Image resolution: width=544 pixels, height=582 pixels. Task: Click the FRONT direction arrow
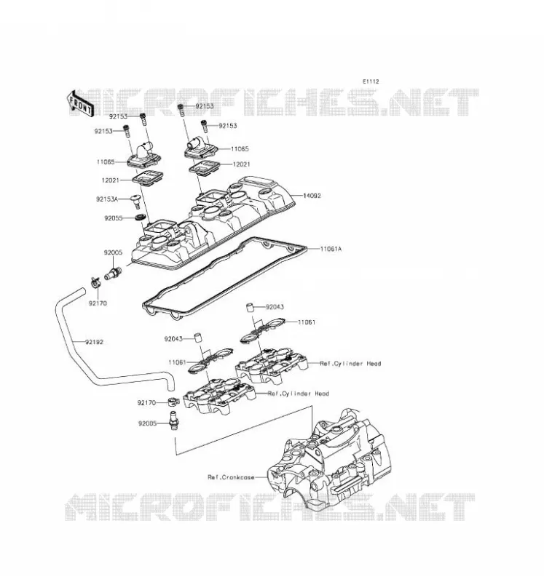pyautogui.click(x=79, y=103)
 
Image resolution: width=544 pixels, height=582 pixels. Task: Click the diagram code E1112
pyautogui.click(x=371, y=81)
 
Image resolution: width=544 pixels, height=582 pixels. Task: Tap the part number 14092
pyautogui.click(x=312, y=196)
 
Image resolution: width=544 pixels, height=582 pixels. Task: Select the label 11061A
pyautogui.click(x=331, y=249)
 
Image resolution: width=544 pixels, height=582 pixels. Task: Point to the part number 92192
pyautogui.click(x=94, y=342)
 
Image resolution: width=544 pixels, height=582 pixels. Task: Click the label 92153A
pyautogui.click(x=107, y=199)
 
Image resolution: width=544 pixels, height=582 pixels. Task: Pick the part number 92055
pyautogui.click(x=114, y=218)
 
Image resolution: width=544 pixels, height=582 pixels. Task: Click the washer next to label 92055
pyautogui.click(x=140, y=217)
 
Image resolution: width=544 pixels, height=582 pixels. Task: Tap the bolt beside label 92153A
pyautogui.click(x=136, y=202)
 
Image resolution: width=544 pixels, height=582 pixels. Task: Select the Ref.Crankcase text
pyautogui.click(x=231, y=477)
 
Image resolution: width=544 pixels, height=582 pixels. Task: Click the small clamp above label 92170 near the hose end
pyautogui.click(x=95, y=283)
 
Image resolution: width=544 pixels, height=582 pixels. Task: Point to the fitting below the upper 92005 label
pyautogui.click(x=113, y=274)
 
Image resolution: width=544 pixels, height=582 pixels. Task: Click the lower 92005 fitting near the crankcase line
pyautogui.click(x=173, y=421)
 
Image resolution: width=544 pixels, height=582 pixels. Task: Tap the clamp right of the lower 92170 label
pyautogui.click(x=174, y=402)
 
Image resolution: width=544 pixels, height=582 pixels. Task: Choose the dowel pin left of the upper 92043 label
pyautogui.click(x=251, y=308)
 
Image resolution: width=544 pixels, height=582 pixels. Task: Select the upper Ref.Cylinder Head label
pyautogui.click(x=350, y=363)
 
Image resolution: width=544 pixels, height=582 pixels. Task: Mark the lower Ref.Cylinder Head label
pyautogui.click(x=299, y=394)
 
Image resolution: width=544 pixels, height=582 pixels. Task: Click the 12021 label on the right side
pyautogui.click(x=241, y=164)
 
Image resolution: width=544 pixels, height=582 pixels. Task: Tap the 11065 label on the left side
pyautogui.click(x=106, y=162)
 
